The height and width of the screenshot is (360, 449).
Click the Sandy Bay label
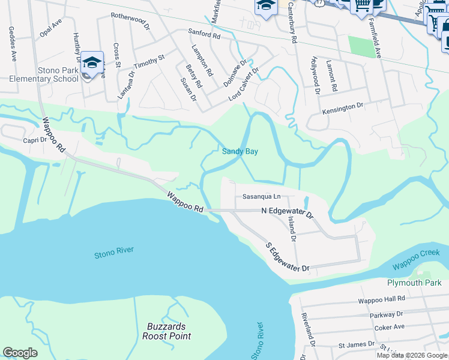240,152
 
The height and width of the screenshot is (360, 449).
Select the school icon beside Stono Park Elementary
92,62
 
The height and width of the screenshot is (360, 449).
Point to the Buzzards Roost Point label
166,331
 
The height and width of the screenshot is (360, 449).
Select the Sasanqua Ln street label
261,196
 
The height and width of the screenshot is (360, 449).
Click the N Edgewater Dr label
287,212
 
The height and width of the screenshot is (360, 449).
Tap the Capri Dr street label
35,140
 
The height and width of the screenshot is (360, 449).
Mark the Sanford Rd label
204,36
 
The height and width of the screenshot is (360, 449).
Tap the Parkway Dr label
387,314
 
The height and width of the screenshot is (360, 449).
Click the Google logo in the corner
20,353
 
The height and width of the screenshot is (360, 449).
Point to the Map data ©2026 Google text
412,355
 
